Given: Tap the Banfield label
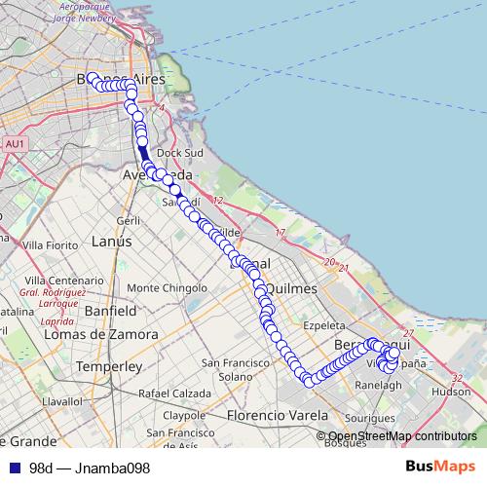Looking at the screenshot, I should [109, 312].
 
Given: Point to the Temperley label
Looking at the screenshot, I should [109, 367].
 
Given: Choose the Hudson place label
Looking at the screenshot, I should [450, 392].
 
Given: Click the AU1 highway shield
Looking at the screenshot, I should [14, 143].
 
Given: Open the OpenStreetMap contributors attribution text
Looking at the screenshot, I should [401, 436].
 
